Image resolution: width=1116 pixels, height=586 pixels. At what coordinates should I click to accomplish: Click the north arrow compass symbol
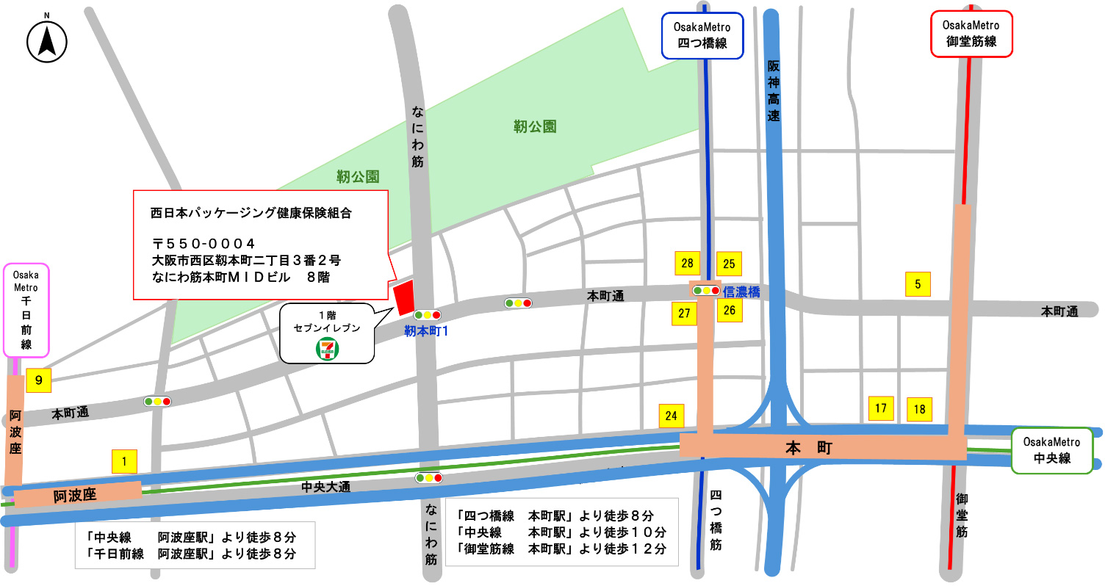pos(47,41)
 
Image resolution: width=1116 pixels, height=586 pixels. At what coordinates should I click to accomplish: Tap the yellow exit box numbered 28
pos(687,264)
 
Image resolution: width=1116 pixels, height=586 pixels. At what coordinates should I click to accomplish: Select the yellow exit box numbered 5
pos(918,284)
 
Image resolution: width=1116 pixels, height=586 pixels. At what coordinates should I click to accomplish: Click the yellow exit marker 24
pos(671,416)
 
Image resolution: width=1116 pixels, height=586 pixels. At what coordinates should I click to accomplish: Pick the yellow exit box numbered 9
pos(39,380)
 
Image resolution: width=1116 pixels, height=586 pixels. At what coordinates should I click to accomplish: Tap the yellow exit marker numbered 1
pos(124,461)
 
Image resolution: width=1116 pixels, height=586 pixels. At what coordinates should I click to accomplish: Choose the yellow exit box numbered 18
pos(919,409)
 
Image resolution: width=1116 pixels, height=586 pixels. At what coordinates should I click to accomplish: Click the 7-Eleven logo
pos(327,349)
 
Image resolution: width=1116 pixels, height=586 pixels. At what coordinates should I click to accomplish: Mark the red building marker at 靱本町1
pos(403,297)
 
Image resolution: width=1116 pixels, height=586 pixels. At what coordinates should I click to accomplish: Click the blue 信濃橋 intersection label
pos(741,292)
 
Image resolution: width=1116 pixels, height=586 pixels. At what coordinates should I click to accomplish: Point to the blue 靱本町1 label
pos(426,331)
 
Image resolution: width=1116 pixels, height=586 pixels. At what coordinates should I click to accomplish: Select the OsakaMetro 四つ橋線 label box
pos(702,35)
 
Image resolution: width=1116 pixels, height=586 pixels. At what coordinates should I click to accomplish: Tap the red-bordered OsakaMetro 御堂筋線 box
pos(971,34)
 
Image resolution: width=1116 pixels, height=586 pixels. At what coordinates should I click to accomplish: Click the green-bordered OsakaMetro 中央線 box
pos(1052,450)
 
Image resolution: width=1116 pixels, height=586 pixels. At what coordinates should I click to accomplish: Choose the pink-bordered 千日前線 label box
pos(26,309)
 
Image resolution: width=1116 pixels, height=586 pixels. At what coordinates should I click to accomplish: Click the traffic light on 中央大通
pos(429,478)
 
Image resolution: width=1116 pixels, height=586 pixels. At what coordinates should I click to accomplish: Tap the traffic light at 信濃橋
pos(706,291)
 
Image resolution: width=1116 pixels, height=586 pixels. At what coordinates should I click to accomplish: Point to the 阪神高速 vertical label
pos(774,91)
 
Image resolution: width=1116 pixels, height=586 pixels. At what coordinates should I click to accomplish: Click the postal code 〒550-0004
pos(204,243)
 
